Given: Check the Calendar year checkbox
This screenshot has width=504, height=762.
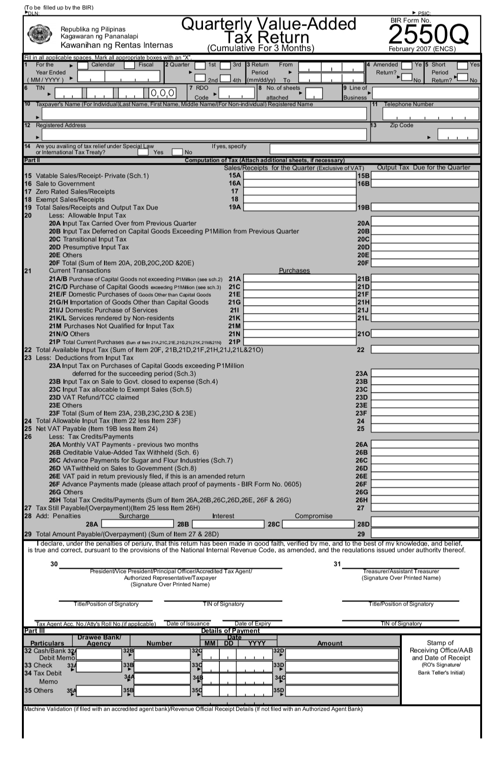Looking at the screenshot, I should click(83, 65).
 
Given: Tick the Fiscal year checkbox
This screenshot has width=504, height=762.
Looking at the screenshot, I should click(129, 65).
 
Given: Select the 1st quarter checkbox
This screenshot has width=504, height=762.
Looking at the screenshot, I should click(200, 65).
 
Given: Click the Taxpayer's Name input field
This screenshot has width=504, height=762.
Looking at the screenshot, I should click(204, 114).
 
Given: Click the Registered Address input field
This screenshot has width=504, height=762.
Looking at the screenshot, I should click(204, 135).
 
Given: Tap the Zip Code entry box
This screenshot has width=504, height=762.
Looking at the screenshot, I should click(457, 135).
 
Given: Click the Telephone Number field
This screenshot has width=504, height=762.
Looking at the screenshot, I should click(431, 113).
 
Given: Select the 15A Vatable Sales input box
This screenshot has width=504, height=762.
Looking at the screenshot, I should click(300, 175).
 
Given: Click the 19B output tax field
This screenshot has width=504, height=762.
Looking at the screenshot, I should click(425, 207).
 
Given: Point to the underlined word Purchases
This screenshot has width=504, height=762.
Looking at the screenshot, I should click(294, 271).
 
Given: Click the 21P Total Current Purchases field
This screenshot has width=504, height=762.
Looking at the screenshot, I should click(300, 342).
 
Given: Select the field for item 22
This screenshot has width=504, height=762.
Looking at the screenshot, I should click(425, 350).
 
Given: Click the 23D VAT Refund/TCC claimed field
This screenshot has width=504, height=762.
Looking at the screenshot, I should click(425, 397).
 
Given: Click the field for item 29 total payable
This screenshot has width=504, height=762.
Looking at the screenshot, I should click(425, 533).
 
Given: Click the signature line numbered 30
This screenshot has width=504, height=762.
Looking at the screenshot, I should click(170, 566).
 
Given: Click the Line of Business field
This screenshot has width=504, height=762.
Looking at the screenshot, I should click(426, 93).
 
